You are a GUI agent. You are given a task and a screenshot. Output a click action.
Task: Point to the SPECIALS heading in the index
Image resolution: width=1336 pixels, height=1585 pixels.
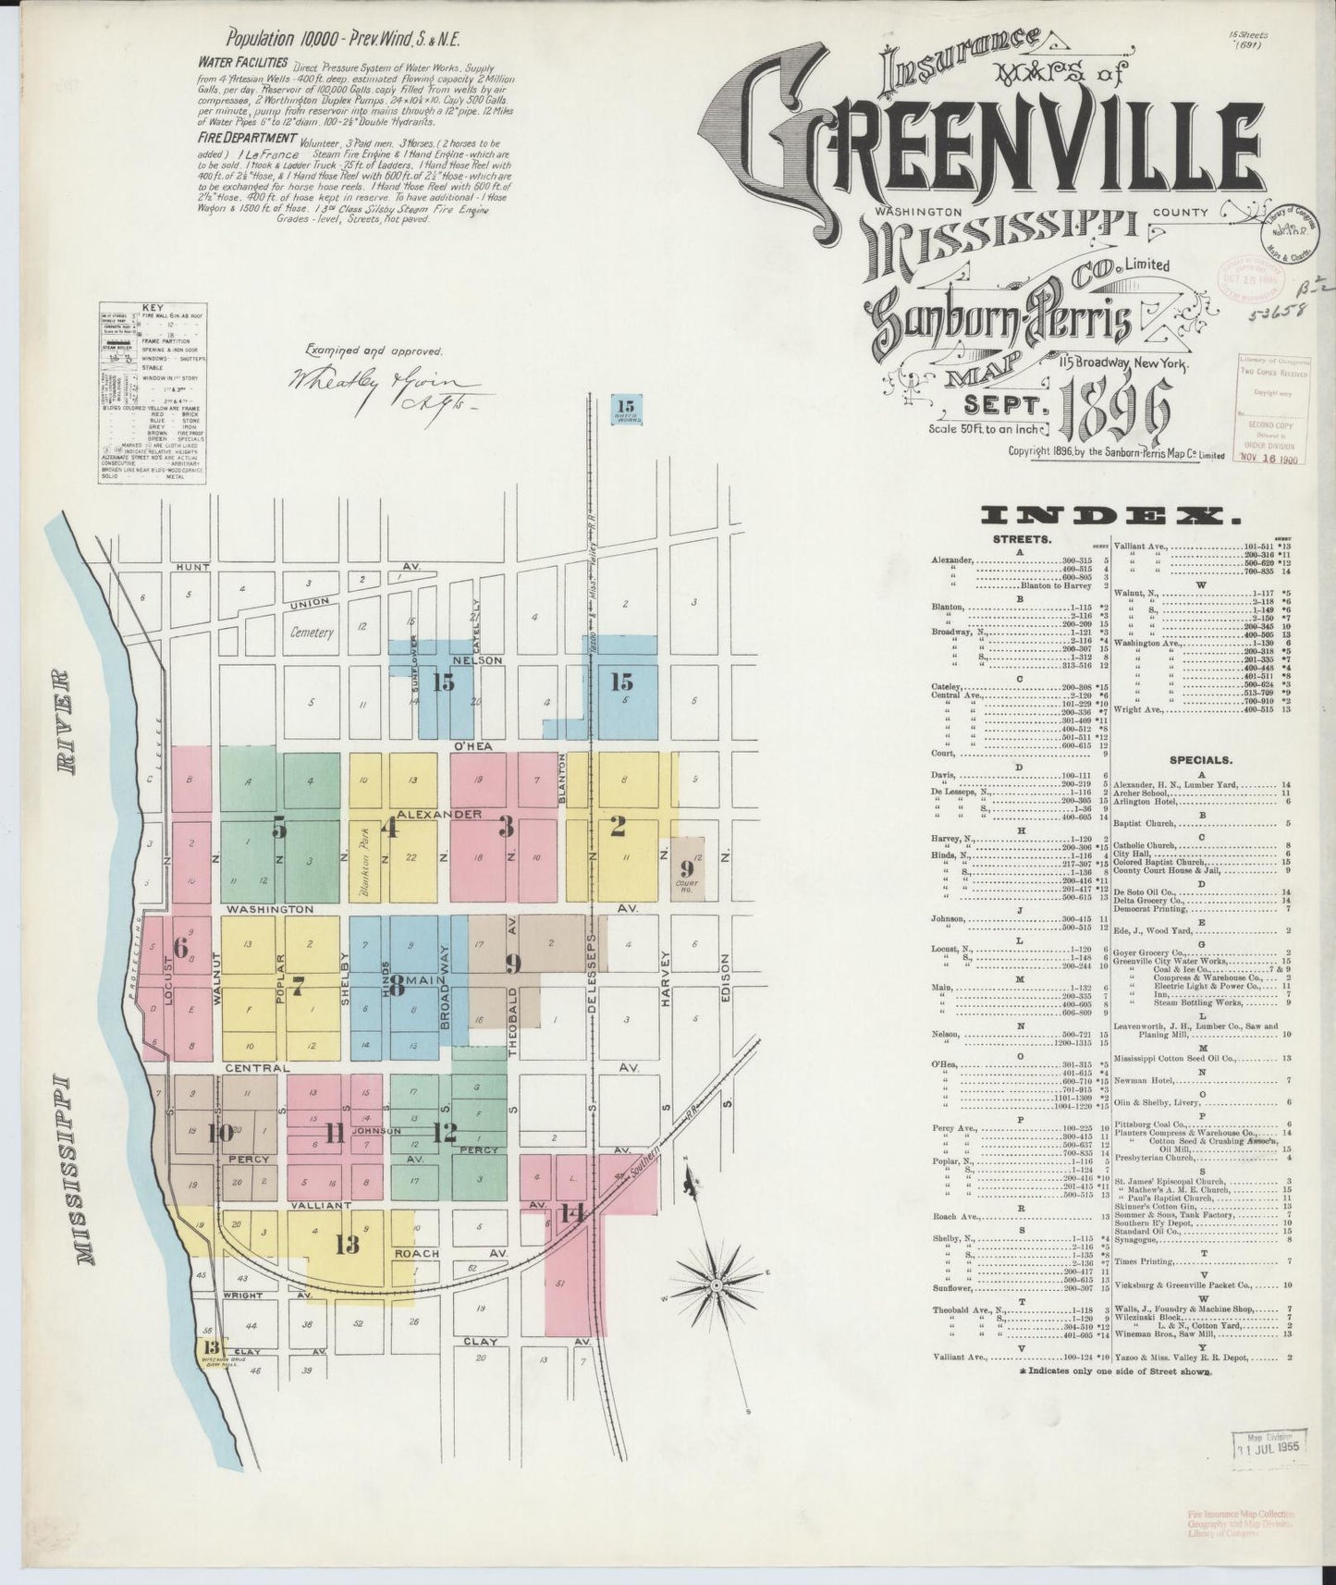point(1200,760)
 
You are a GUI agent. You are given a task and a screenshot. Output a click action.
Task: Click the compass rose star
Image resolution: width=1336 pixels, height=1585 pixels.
point(716,1286)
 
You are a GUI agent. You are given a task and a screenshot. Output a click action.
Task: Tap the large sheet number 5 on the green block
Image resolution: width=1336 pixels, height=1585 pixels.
point(279,829)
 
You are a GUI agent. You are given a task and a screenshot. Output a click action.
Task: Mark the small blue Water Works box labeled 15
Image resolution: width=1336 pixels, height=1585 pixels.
point(627,409)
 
